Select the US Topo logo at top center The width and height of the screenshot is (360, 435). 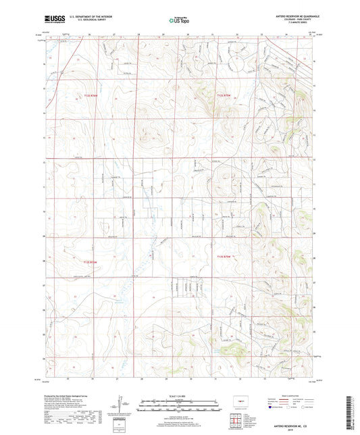click(x=178, y=20)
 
